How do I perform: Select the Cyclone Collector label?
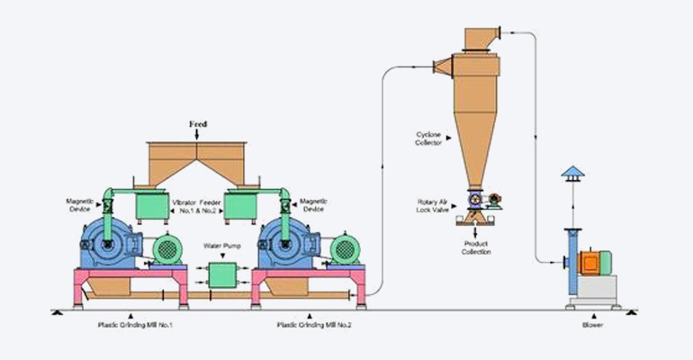click(x=428, y=139)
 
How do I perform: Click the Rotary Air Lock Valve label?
click(x=432, y=207)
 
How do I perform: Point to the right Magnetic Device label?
click(x=314, y=207)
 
